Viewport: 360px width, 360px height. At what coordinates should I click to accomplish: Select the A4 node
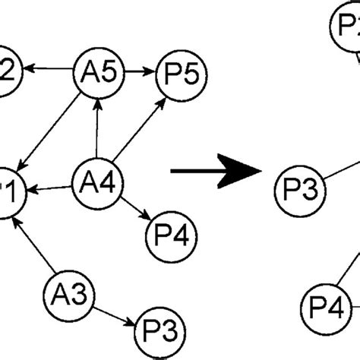click(x=97, y=183)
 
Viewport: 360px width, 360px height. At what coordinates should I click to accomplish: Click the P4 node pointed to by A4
click(x=166, y=230)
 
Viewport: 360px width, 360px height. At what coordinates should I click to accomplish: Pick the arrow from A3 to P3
click(x=112, y=311)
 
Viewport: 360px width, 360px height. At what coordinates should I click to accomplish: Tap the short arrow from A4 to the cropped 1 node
click(x=53, y=187)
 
